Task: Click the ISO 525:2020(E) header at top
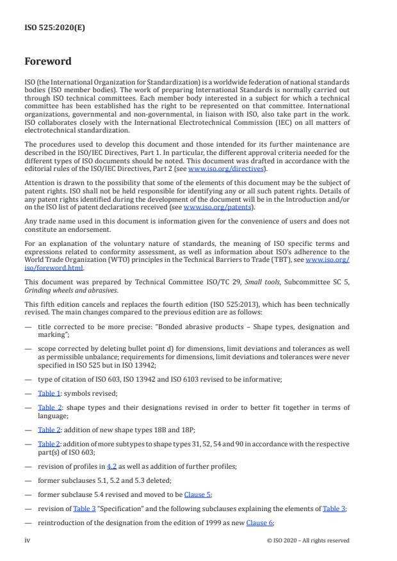coord(54,28)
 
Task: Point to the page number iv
coord(27,540)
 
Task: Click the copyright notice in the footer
coord(308,540)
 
